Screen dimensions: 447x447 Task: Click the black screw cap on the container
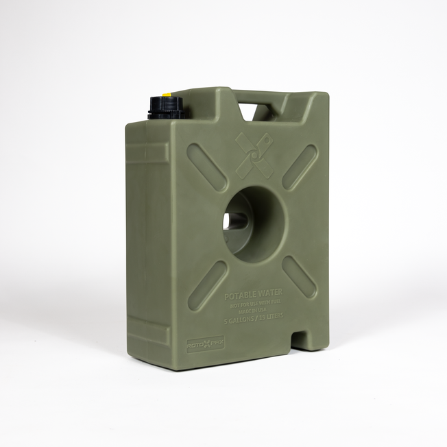(164, 108)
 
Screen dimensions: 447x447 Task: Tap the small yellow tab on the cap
(167, 95)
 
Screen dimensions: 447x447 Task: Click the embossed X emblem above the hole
(254, 154)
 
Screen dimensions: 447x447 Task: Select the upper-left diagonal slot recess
(207, 167)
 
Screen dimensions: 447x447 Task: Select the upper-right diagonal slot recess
(300, 167)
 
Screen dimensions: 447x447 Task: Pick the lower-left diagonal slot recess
(207, 285)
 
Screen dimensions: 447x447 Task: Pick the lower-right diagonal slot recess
(299, 277)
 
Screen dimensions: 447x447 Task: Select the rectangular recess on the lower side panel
(148, 333)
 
